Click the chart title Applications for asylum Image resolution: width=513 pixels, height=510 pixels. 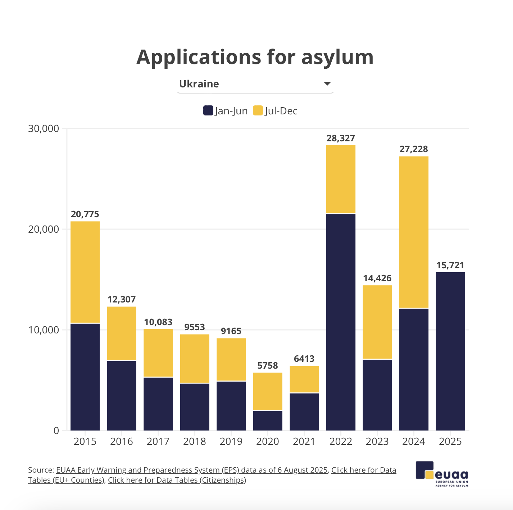pyautogui.click(x=255, y=57)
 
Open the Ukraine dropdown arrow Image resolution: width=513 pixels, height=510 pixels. pyautogui.click(x=327, y=84)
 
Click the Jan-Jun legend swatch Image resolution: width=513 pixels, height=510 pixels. pyautogui.click(x=208, y=110)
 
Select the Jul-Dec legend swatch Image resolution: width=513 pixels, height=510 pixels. pyautogui.click(x=258, y=110)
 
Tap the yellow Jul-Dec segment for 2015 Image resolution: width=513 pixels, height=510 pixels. pyautogui.click(x=85, y=272)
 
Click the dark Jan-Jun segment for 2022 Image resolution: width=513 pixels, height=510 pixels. pyautogui.click(x=341, y=322)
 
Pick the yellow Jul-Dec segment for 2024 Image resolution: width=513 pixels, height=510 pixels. pyautogui.click(x=414, y=232)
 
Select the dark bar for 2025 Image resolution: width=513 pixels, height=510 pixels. pyautogui.click(x=450, y=351)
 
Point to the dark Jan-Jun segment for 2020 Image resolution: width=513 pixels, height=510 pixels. pyautogui.click(x=268, y=420)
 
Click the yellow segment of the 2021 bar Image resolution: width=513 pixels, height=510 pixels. pyautogui.click(x=304, y=379)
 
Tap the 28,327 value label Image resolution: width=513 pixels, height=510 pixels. pyautogui.click(x=341, y=138)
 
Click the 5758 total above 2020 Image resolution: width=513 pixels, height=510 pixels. pyautogui.click(x=268, y=366)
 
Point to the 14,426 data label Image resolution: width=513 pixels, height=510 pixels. pyautogui.click(x=377, y=278)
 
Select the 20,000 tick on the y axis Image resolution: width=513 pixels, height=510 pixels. pyautogui.click(x=44, y=229)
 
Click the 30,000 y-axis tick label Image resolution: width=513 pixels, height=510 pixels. pyautogui.click(x=44, y=129)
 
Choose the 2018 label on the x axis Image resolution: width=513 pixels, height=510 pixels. pyautogui.click(x=195, y=442)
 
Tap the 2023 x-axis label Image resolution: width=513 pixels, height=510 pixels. pyautogui.click(x=377, y=442)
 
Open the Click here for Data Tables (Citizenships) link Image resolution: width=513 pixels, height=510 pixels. pyautogui.click(x=177, y=480)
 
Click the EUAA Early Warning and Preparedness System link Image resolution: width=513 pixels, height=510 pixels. pyautogui.click(x=192, y=470)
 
